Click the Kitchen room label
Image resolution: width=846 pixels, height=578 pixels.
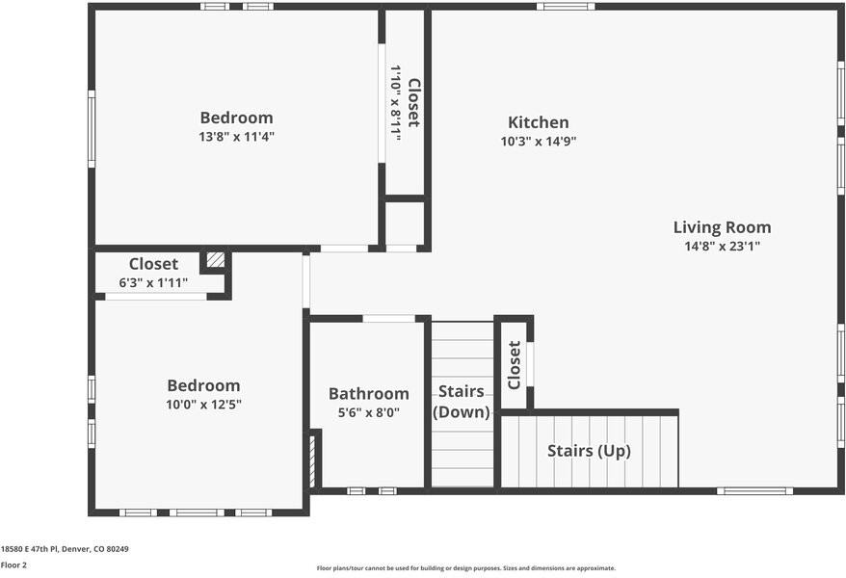coord(538,122)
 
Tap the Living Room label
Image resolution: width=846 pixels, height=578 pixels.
coord(722,227)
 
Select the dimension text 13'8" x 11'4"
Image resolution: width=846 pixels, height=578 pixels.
coord(236,137)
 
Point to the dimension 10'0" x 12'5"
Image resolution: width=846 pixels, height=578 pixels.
coord(203,405)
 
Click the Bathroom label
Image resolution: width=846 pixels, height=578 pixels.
coord(368,393)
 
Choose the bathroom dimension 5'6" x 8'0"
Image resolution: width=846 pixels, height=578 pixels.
coord(368,412)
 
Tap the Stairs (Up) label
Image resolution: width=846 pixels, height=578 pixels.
coord(589,451)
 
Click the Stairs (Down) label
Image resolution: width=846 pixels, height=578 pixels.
coord(462,402)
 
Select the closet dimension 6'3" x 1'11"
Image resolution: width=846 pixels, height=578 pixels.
coord(153,283)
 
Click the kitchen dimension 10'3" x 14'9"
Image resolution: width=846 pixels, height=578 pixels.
coord(538,141)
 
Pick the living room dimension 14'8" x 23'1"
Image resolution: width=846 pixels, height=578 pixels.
coord(722,246)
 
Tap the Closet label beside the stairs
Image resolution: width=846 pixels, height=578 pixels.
coord(514,365)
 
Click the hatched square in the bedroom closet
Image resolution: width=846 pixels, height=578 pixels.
coord(216,259)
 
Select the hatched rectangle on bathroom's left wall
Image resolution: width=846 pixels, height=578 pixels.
coord(312,461)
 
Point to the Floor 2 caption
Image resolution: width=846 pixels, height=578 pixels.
coord(13,565)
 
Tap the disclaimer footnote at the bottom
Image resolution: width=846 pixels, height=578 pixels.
coord(465,568)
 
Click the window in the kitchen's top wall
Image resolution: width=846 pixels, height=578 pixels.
coord(565,6)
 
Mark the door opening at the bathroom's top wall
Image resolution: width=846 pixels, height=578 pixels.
coord(388,318)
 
